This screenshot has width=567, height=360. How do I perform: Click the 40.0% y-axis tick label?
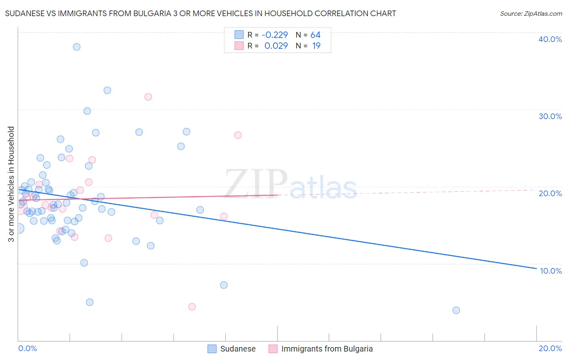(x=550, y=39)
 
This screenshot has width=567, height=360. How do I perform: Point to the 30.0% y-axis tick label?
(x=550, y=116)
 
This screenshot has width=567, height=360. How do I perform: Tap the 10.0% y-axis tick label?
(x=551, y=271)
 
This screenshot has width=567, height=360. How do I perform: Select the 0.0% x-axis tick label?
(x=27, y=348)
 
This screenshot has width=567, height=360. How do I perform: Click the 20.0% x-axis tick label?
(x=550, y=348)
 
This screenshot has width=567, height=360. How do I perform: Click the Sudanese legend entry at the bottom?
(x=238, y=349)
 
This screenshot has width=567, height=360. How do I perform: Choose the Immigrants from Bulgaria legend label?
(x=327, y=349)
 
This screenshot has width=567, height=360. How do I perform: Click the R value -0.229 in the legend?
(x=275, y=35)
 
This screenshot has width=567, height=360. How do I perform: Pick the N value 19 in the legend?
(x=316, y=46)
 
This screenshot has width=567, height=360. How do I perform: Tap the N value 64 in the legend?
(x=315, y=35)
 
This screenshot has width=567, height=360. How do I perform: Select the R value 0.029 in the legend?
(x=276, y=46)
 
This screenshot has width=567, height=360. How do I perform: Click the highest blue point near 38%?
(x=77, y=47)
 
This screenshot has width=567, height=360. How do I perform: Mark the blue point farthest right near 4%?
(x=456, y=310)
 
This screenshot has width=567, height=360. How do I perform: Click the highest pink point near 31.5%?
(x=148, y=97)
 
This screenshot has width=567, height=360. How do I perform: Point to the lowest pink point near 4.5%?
(x=192, y=307)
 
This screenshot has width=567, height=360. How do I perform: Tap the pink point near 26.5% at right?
(x=238, y=135)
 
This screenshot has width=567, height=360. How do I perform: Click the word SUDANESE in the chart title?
(x=24, y=13)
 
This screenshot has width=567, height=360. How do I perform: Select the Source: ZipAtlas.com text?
(x=531, y=13)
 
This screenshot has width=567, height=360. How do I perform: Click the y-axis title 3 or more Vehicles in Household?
(x=11, y=184)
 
